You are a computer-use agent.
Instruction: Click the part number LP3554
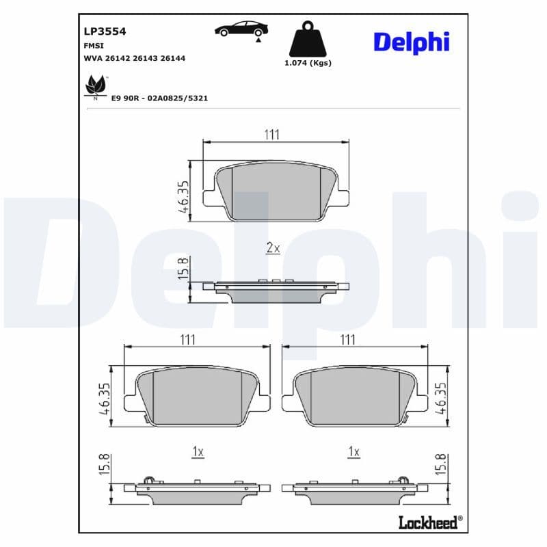[104, 31]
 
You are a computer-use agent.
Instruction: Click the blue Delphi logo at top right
[411, 42]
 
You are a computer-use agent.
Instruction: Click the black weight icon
[307, 40]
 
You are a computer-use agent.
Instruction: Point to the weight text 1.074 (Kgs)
[308, 63]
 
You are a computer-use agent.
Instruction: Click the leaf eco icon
[94, 86]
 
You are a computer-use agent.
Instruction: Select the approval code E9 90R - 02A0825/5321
[159, 98]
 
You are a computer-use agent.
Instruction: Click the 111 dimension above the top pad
[272, 135]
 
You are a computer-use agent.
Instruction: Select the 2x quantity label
[272, 248]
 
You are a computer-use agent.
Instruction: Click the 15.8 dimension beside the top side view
[182, 269]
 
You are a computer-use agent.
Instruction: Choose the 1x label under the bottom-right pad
[353, 452]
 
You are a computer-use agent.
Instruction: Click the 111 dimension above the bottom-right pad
[348, 339]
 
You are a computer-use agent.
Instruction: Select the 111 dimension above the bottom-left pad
[188, 339]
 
